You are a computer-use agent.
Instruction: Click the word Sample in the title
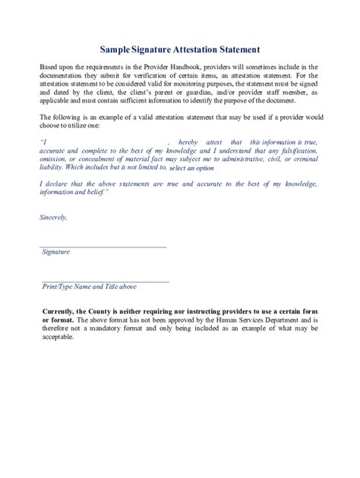117,49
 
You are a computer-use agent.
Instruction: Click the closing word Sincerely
52,218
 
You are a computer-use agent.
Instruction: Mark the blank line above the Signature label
104,247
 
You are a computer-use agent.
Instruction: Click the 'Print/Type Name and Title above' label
89,287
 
